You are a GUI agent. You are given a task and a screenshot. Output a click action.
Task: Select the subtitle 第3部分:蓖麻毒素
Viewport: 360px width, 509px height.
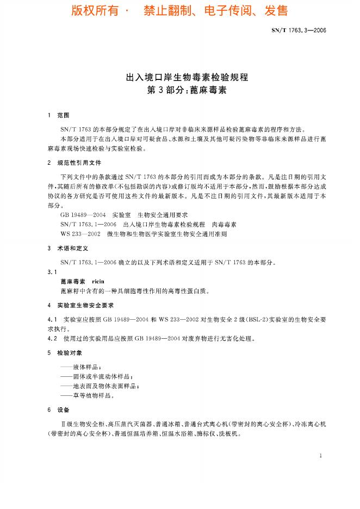(179, 90)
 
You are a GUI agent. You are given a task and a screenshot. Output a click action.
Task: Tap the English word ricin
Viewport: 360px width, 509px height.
(100, 281)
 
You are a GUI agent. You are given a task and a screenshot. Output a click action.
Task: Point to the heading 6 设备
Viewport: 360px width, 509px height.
(60, 409)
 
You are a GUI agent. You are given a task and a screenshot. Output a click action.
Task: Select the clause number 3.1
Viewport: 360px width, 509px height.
(52, 271)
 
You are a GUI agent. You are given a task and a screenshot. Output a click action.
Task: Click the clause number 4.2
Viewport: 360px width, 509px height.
(53, 338)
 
